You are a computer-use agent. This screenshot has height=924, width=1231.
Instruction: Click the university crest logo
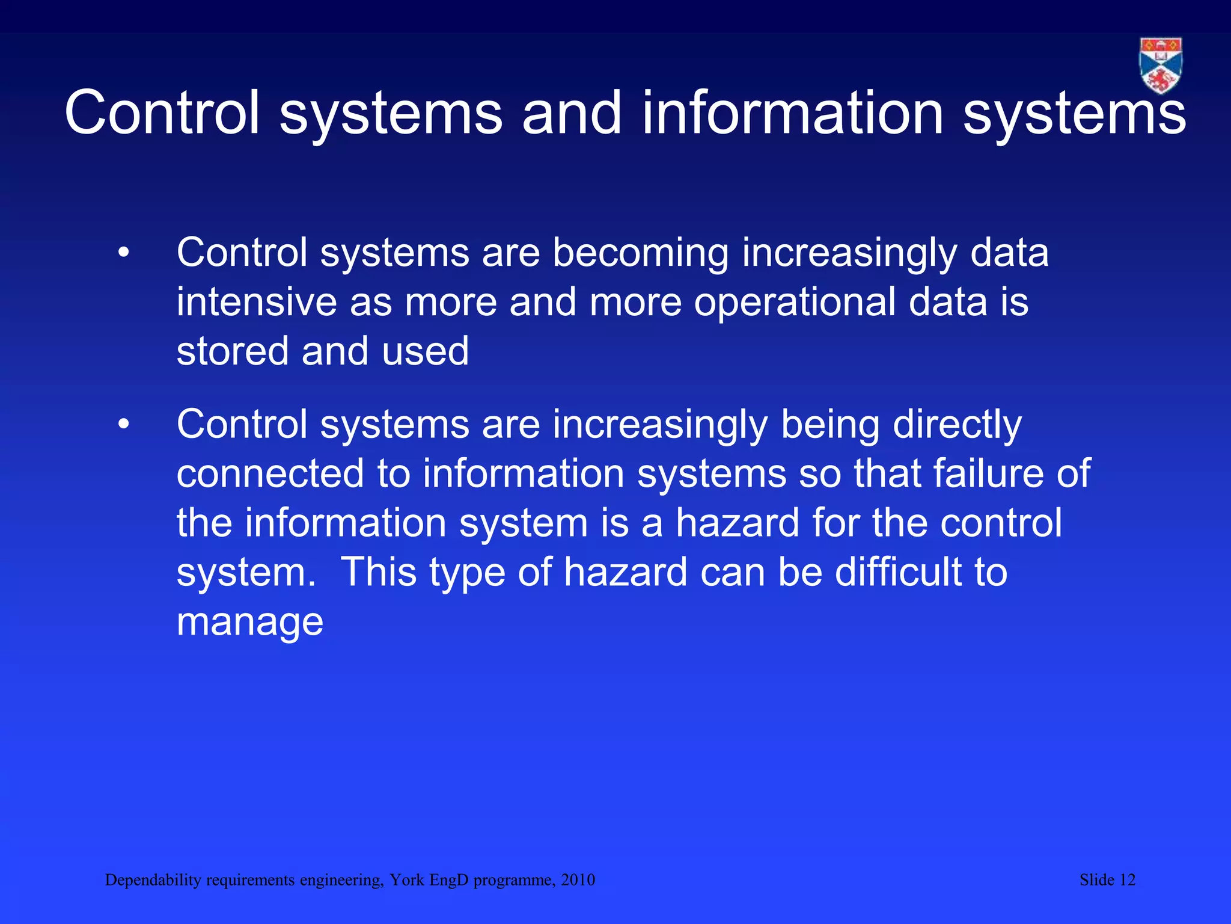[x=1160, y=65]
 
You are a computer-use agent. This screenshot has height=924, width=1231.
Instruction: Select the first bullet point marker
[x=124, y=253]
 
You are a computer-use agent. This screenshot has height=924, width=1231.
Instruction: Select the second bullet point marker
[x=124, y=425]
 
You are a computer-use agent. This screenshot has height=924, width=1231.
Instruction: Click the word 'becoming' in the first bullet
[x=640, y=253]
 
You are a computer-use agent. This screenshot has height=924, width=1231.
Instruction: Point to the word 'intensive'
[x=257, y=302]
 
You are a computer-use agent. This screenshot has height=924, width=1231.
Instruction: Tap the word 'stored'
[x=233, y=351]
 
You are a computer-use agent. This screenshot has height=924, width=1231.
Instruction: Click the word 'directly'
[x=957, y=425]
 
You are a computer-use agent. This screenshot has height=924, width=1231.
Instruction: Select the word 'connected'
[x=270, y=474]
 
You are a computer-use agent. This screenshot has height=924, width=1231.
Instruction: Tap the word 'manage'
[x=250, y=623]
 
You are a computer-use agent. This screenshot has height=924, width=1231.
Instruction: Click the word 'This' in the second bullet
[x=379, y=572]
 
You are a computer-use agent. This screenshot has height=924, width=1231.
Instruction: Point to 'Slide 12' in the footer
[x=1107, y=880]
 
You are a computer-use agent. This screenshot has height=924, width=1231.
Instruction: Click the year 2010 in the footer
[x=578, y=880]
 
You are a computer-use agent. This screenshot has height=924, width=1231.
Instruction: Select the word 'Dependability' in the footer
[x=153, y=880]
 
